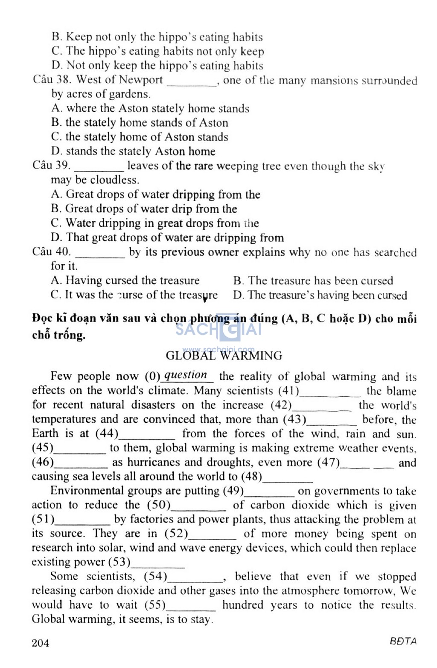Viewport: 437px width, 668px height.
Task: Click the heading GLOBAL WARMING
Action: click(224, 356)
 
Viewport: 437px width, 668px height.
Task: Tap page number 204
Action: click(41, 642)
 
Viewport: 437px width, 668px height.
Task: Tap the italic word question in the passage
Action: click(186, 375)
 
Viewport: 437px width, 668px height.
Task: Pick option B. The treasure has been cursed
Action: click(313, 281)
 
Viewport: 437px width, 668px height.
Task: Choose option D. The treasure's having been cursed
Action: click(320, 295)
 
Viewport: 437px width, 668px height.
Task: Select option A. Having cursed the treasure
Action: click(125, 281)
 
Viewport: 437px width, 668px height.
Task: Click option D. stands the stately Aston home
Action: click(133, 151)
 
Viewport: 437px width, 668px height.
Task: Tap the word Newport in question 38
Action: click(141, 80)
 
